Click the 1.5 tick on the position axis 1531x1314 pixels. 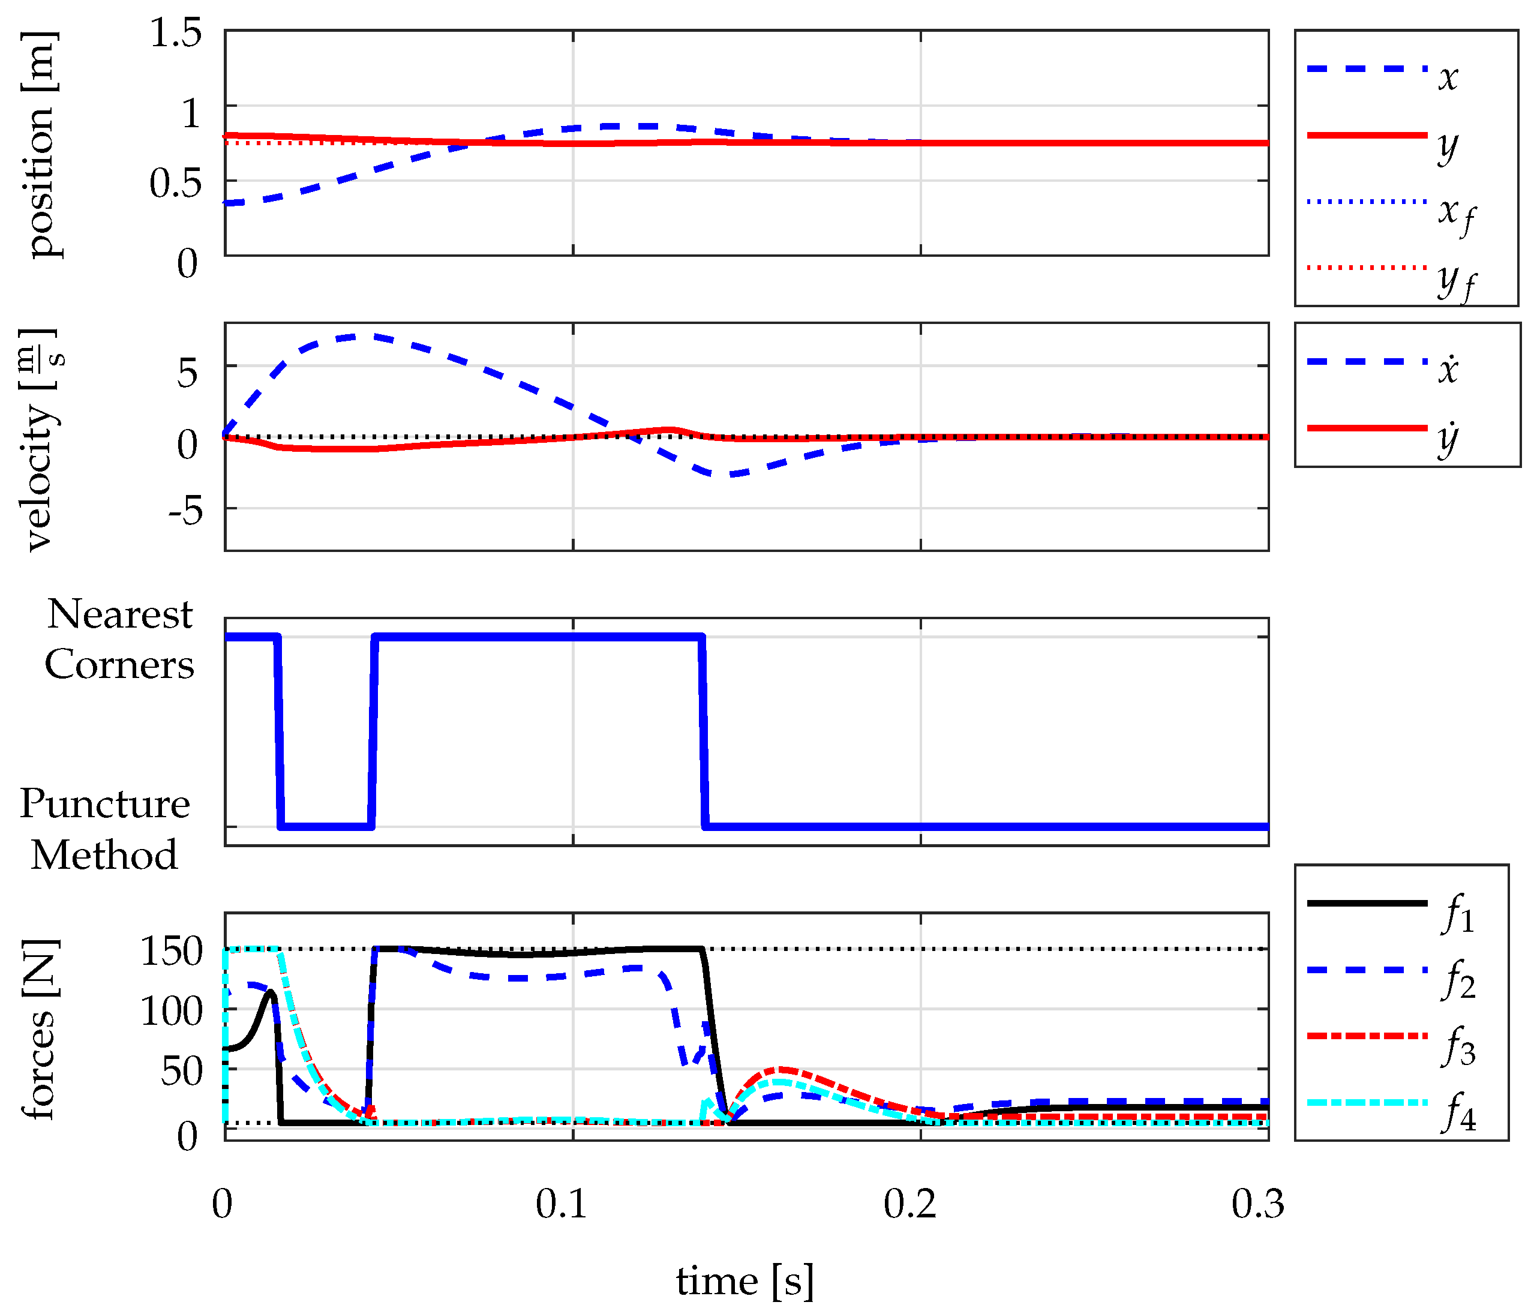pos(175,33)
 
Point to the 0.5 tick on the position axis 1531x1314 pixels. pos(175,182)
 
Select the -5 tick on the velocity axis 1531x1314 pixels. pos(185,509)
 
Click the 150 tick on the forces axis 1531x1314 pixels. pos(171,950)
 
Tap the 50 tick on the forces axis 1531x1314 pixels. pos(181,1070)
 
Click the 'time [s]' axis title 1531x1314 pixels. pos(746,1281)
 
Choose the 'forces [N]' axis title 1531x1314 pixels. pos(40,1029)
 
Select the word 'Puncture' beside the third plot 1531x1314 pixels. pos(104,803)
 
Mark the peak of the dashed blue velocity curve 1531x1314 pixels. pos(356,336)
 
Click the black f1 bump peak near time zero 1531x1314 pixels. pos(271,992)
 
